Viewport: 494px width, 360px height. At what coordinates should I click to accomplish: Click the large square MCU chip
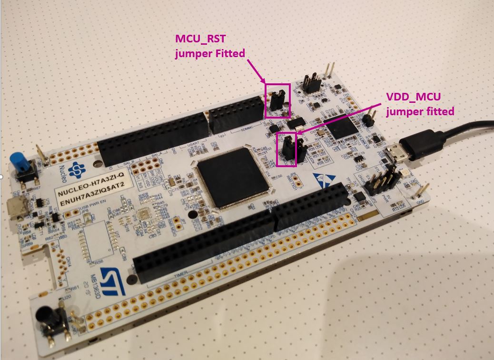tap(232, 177)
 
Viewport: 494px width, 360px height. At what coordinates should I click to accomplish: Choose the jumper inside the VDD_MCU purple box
tap(287, 148)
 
